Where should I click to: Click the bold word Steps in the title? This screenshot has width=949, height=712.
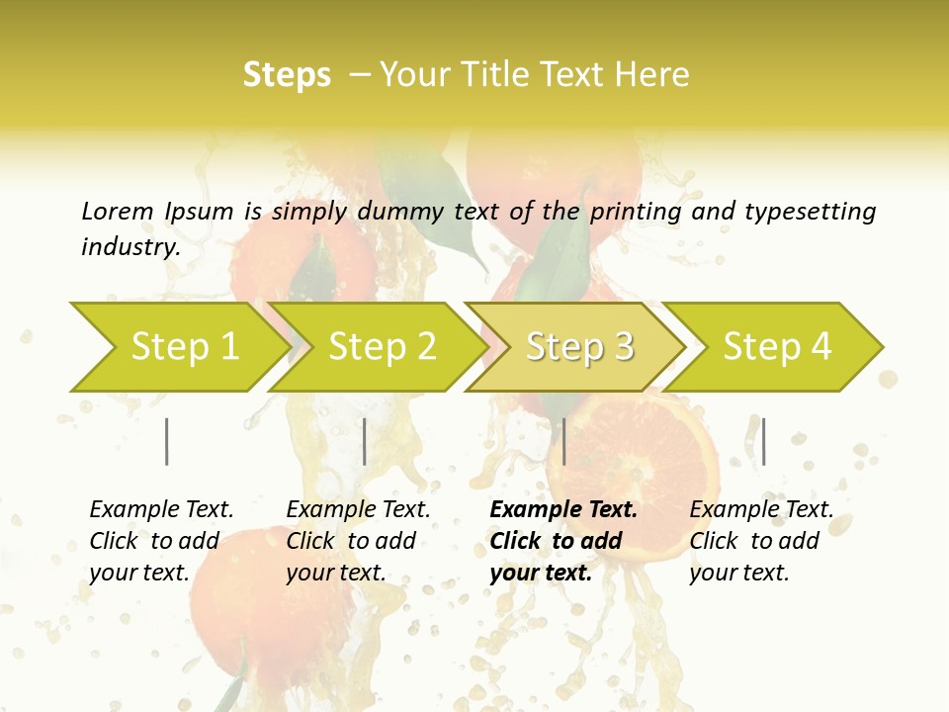click(287, 75)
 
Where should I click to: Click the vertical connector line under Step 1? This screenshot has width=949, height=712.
click(167, 441)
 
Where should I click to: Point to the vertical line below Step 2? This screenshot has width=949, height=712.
click(365, 441)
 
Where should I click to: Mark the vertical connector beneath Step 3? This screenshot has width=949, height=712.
click(563, 441)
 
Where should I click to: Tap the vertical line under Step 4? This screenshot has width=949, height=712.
click(763, 441)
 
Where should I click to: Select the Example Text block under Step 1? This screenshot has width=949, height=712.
click(161, 540)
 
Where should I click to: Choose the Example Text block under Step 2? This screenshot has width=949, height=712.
click(358, 540)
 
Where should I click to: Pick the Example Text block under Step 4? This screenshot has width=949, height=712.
click(761, 540)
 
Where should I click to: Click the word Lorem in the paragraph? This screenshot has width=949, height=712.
click(118, 211)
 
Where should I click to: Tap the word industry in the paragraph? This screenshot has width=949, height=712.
click(130, 247)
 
